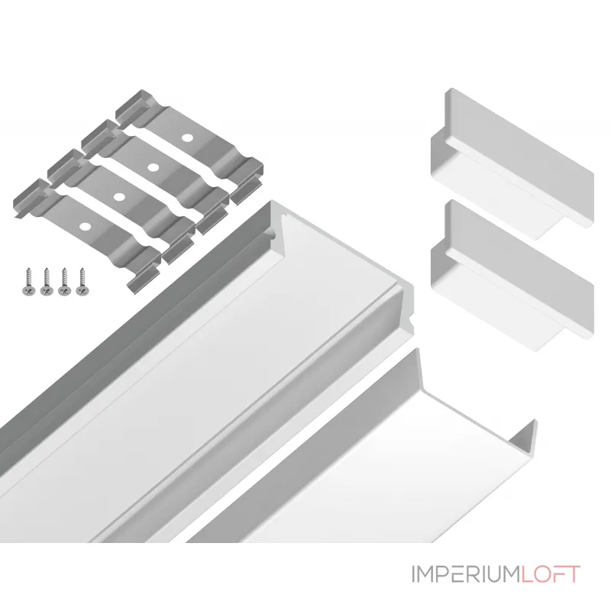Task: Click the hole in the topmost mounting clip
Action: point(187,137)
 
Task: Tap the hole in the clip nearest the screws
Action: point(84,226)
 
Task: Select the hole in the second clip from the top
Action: point(154,167)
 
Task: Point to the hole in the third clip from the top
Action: point(119,197)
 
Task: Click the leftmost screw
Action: point(28,281)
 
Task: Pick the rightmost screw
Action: point(82,281)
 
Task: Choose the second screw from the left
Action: point(47,281)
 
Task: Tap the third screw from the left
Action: point(64,281)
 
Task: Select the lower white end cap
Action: point(512,276)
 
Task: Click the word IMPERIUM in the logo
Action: point(466,574)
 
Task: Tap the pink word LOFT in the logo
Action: point(551,574)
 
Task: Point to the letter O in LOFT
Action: point(542,574)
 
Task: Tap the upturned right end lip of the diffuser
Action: point(524,436)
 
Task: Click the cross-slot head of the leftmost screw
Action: point(28,291)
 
